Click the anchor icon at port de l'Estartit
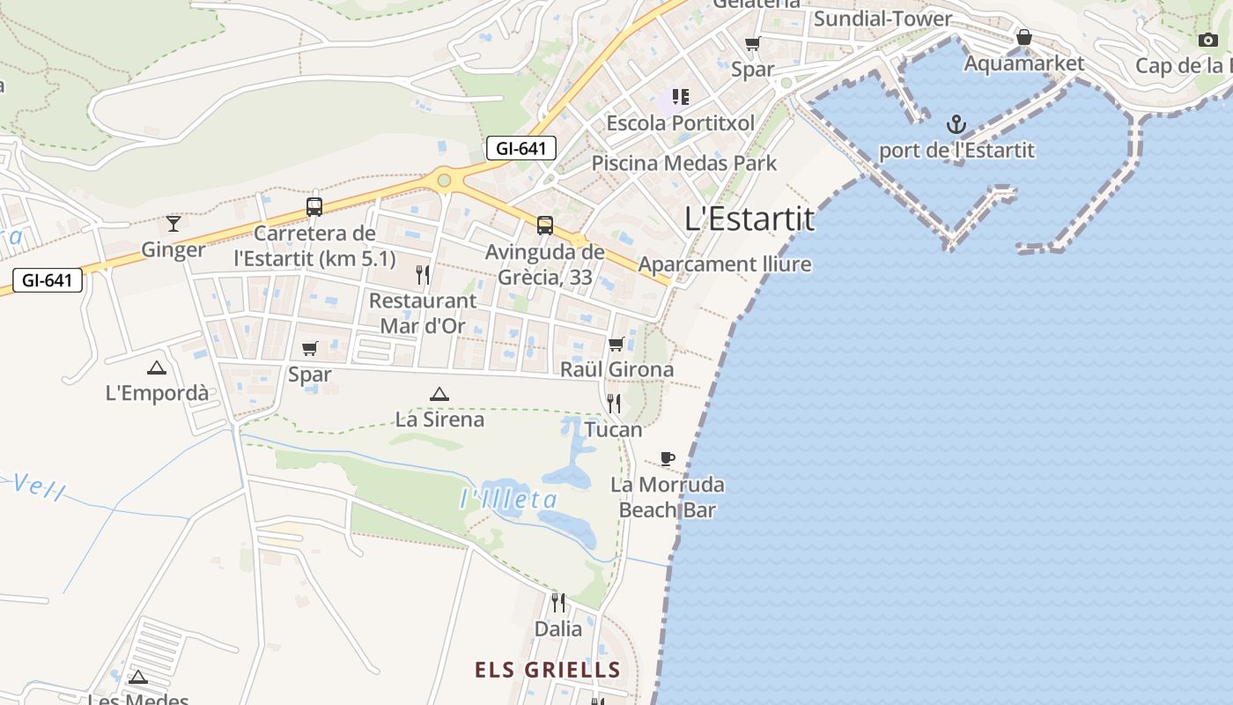click(x=956, y=123)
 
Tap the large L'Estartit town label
click(x=749, y=219)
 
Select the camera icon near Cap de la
click(x=1208, y=40)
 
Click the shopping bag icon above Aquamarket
click(x=1023, y=37)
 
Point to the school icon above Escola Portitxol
click(x=680, y=96)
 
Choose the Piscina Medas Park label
click(x=684, y=163)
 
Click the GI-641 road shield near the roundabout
click(x=521, y=148)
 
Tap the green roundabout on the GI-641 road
click(x=444, y=181)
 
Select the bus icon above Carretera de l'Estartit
click(x=314, y=207)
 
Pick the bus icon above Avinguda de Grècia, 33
click(x=545, y=226)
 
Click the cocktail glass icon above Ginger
click(x=174, y=224)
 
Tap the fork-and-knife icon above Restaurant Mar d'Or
click(x=423, y=275)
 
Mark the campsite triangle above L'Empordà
click(x=157, y=367)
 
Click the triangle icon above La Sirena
click(x=439, y=394)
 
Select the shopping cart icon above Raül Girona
click(x=616, y=344)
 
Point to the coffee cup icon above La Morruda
click(x=668, y=458)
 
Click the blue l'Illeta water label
click(x=509, y=500)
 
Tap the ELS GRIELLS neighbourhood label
click(x=548, y=670)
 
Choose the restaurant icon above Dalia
click(x=558, y=603)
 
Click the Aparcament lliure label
click(x=725, y=263)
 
